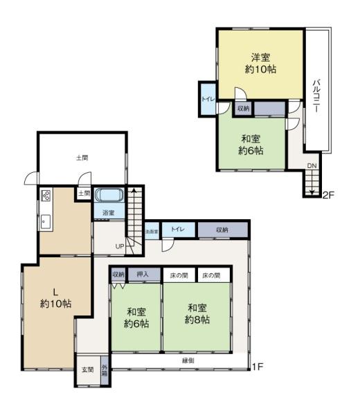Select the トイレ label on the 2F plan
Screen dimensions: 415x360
[207, 99]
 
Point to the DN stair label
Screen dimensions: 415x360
[312, 166]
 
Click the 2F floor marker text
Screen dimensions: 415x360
[328, 195]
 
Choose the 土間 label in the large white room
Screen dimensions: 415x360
[82, 158]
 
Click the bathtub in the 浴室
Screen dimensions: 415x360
[108, 195]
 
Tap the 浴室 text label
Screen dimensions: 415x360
[109, 212]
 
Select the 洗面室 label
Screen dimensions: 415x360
[151, 231]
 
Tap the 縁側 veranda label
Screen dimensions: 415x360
[188, 360]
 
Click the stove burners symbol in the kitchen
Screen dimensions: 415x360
[46, 195]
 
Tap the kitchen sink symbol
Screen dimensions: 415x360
[45, 221]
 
